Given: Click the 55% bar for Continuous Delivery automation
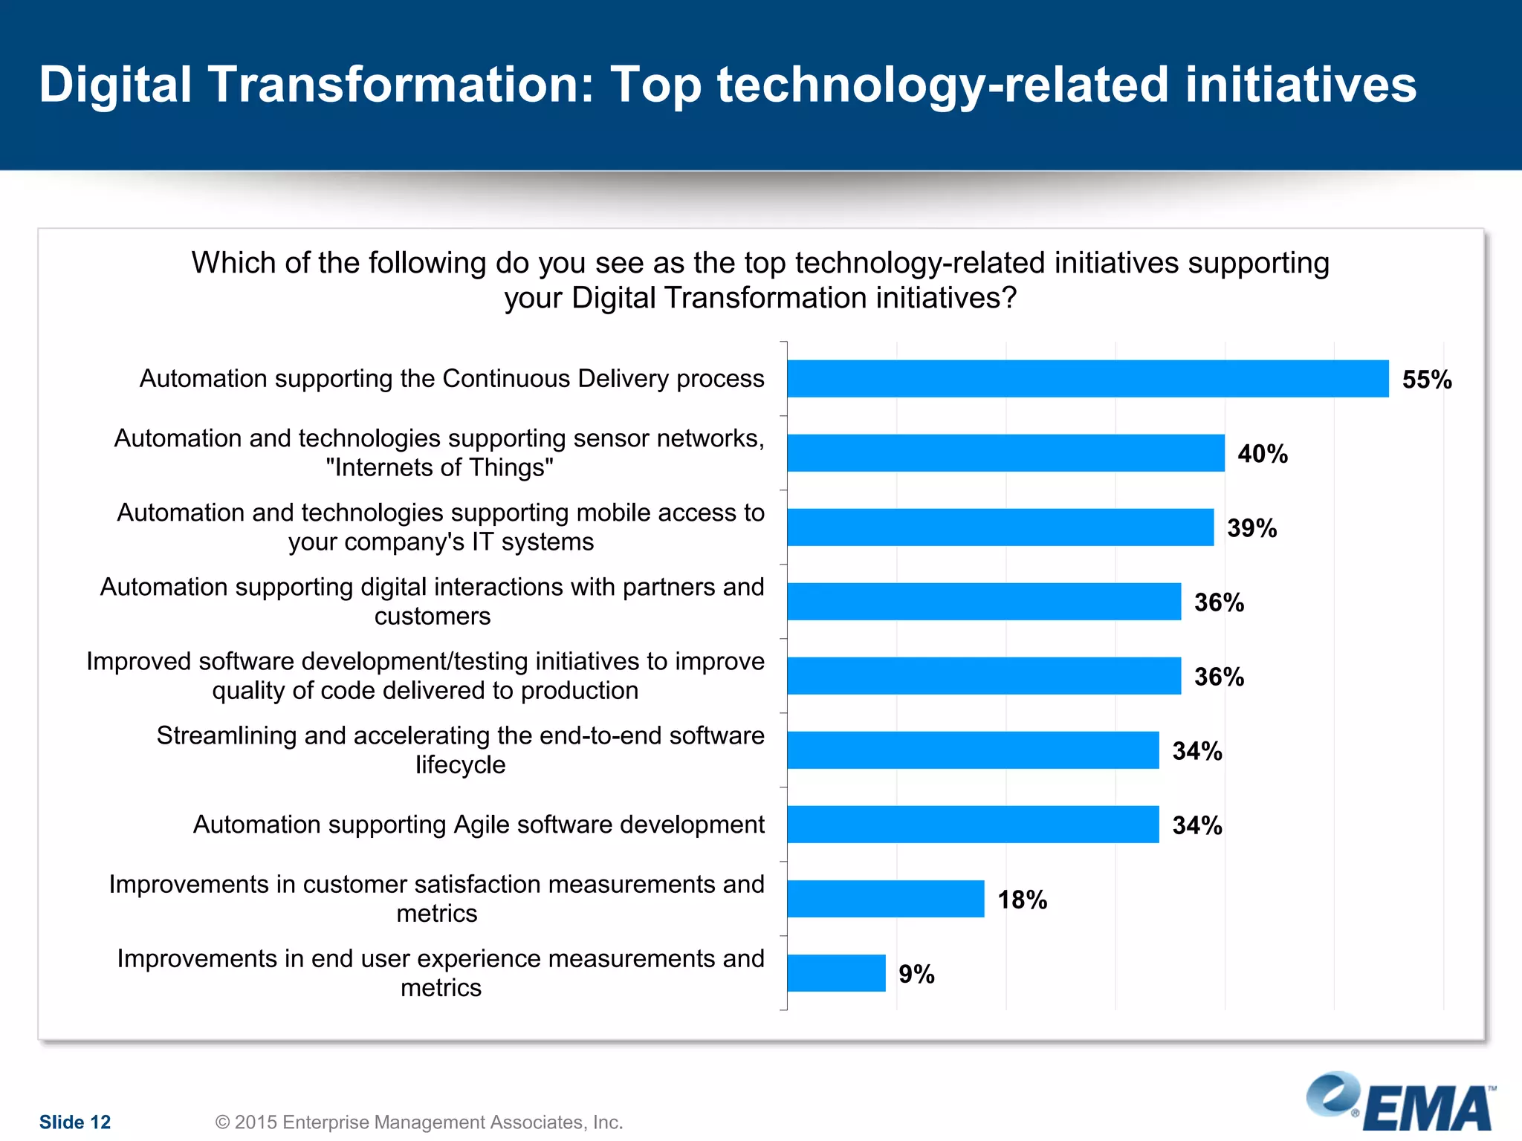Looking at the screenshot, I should [1087, 379].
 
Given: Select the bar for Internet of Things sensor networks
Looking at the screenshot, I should [1006, 453].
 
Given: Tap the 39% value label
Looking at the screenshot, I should [1251, 528].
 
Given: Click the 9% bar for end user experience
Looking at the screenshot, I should [836, 973].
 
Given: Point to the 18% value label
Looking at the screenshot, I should [1022, 900].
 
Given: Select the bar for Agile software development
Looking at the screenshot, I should [973, 825].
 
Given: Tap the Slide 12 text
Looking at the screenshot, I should [75, 1122].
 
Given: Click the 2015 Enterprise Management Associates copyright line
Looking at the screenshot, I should [419, 1122].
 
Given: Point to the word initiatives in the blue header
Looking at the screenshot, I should [1301, 84].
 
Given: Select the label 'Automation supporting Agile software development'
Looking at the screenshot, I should [479, 825].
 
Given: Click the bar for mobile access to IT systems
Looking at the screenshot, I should [1000, 527].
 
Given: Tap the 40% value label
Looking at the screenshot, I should [1262, 454].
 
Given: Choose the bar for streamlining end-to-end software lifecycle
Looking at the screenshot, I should [973, 750].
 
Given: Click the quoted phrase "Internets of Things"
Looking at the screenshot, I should [439, 468].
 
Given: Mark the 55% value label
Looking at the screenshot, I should [1426, 380].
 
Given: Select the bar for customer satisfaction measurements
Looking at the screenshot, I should [886, 899].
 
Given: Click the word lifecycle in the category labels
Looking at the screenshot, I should [460, 765].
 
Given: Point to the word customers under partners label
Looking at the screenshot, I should [433, 617].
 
